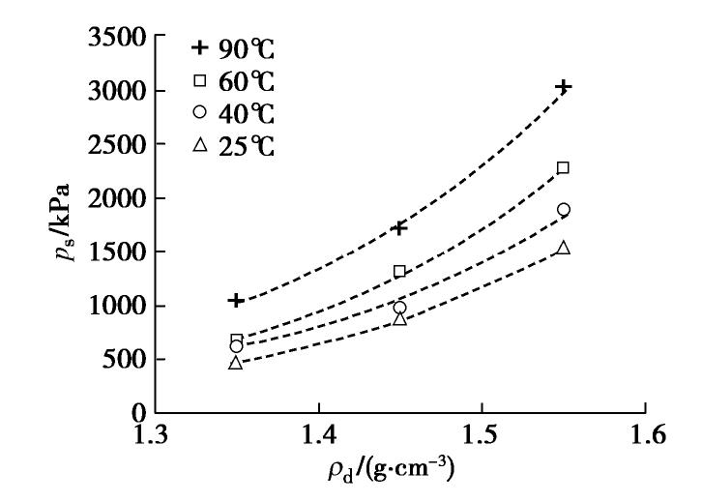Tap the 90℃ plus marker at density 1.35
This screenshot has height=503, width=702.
pyautogui.click(x=236, y=300)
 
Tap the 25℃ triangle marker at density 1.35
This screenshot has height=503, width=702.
pyautogui.click(x=236, y=363)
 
